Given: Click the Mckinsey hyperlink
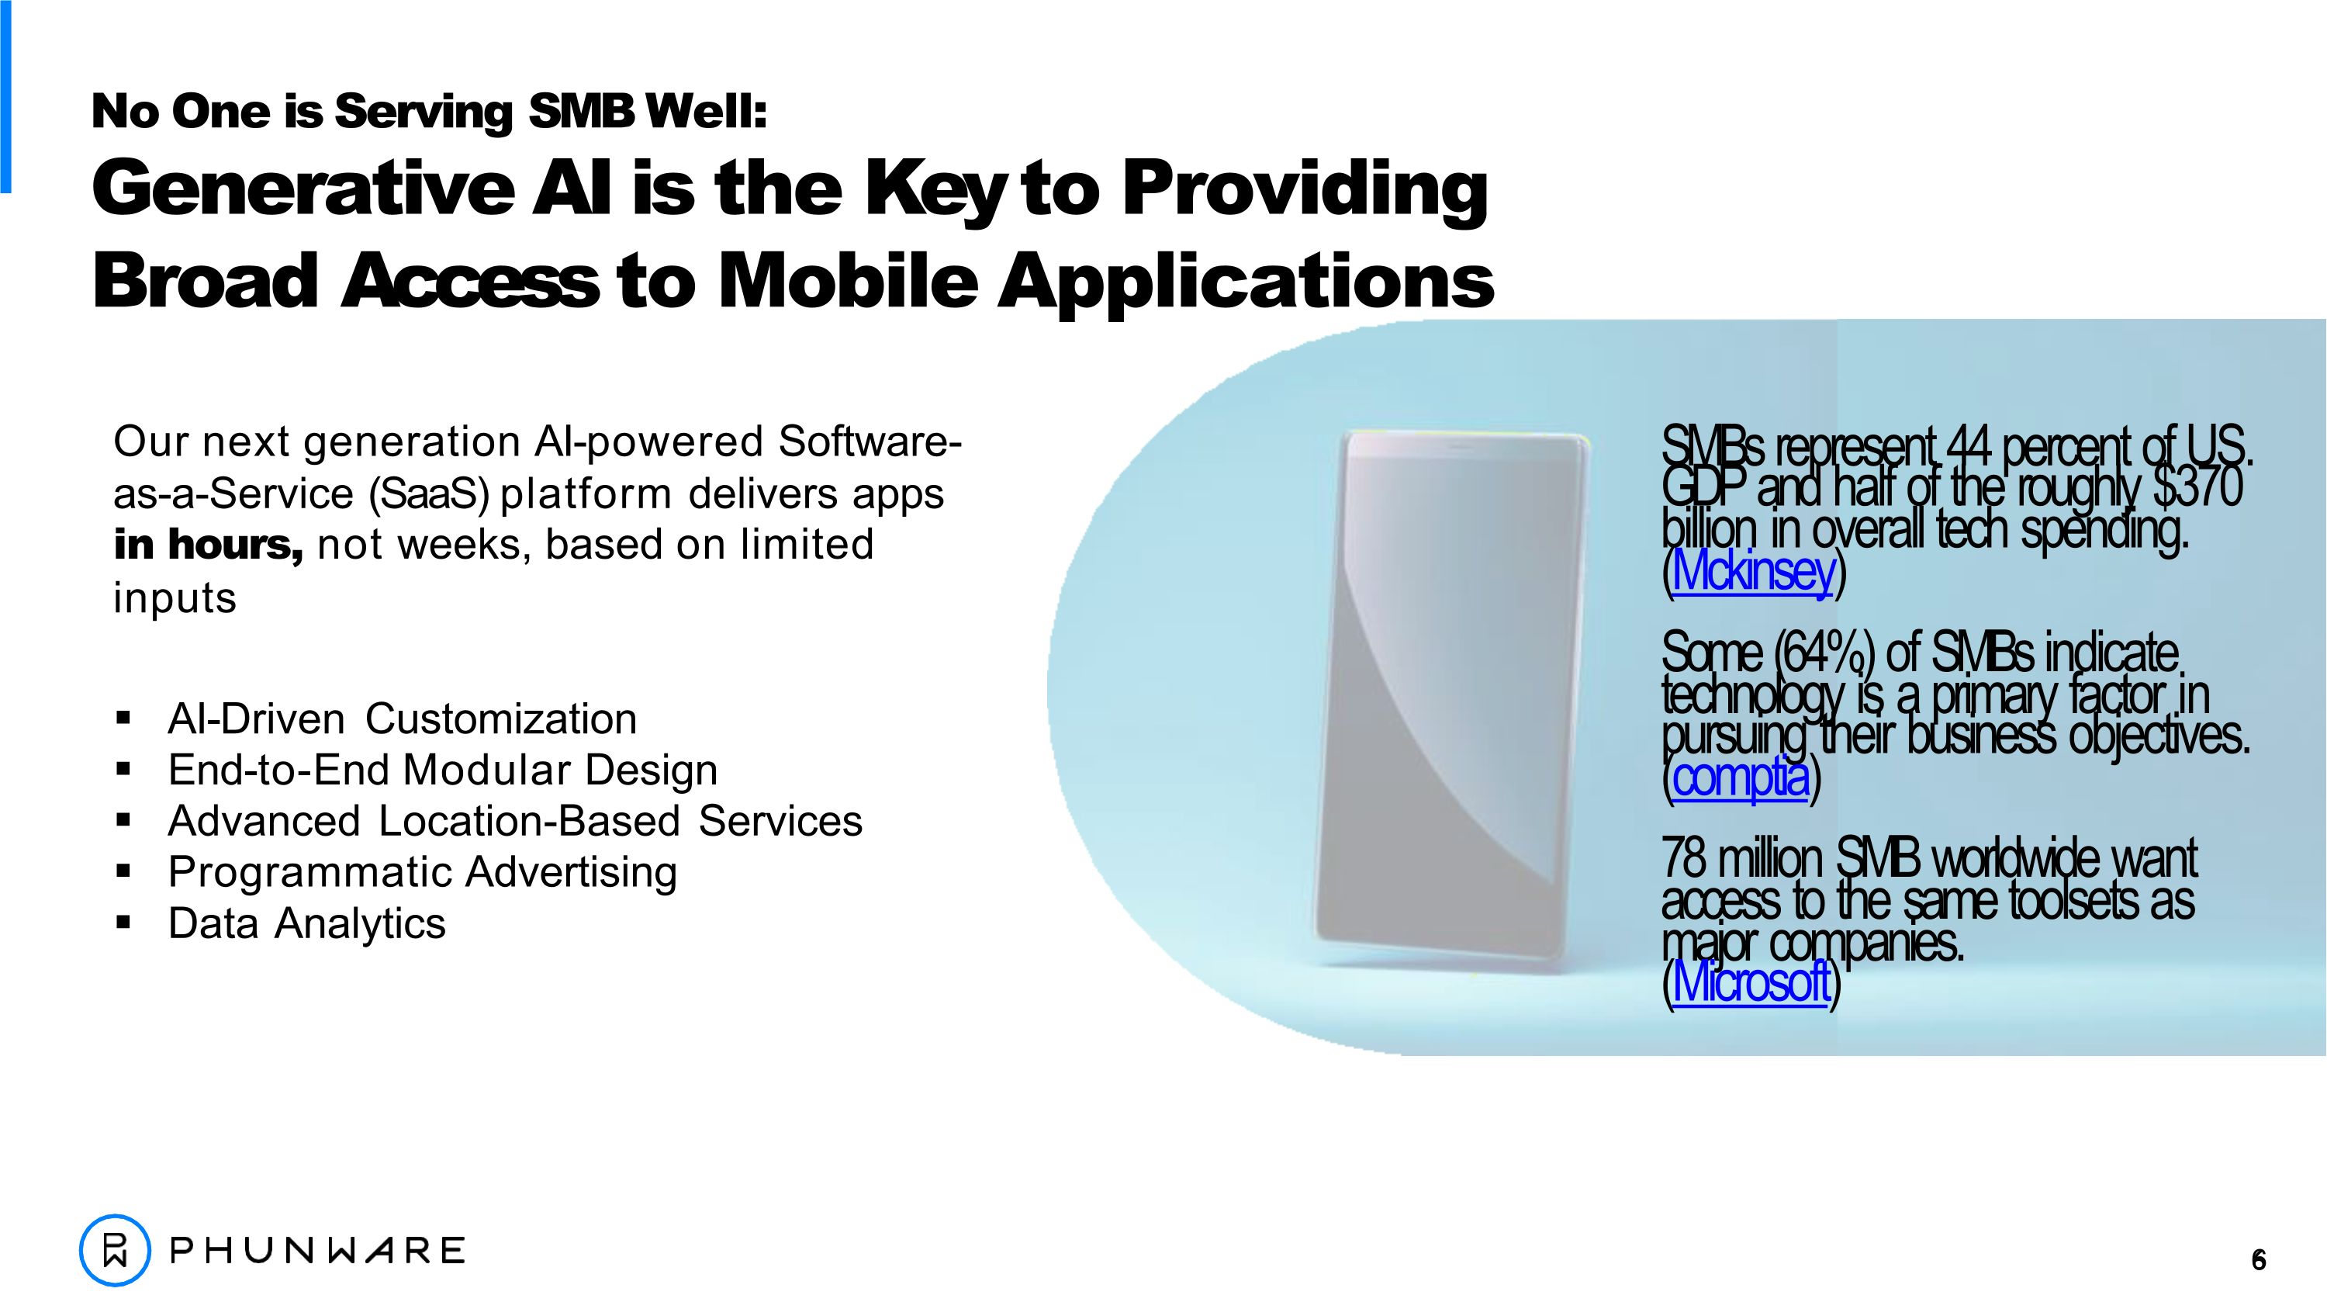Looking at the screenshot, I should pos(1752,572).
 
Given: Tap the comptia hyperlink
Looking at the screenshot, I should pos(1740,777).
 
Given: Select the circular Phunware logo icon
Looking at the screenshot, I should pos(115,1251).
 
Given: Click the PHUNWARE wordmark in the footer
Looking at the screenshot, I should pos(317,1251).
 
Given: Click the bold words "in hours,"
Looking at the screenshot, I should pos(208,545).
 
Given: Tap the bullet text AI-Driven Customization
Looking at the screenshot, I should pos(402,719).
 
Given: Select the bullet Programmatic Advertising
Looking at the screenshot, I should pos(422,873).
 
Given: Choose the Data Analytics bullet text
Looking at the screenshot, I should pos(306,923).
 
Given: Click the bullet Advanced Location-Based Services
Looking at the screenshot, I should pos(515,821).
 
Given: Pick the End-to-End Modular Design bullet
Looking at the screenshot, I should pos(443,771).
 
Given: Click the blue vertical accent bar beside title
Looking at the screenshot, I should pos(5,99).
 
